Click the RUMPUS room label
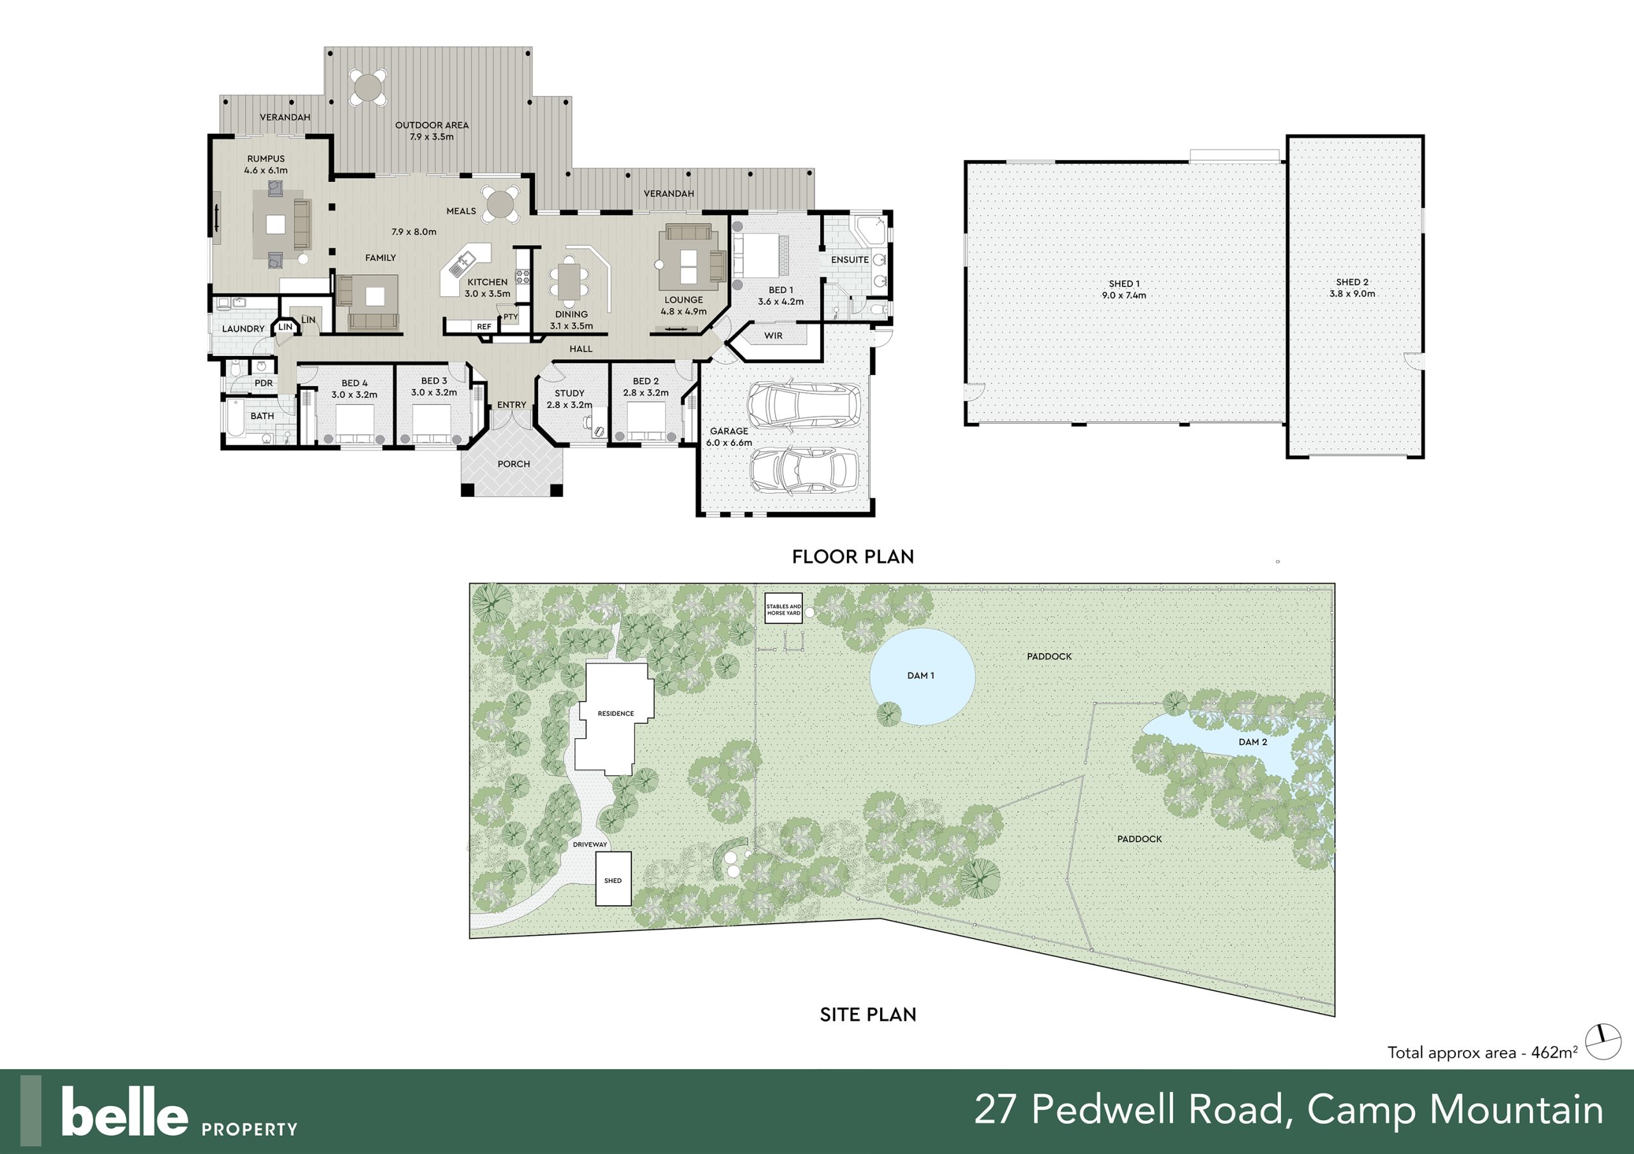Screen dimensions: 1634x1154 (266, 159)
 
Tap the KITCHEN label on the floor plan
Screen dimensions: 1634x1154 (488, 283)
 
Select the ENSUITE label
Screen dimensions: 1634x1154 (850, 260)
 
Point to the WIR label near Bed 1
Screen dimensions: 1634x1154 (774, 336)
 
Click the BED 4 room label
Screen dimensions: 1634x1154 (354, 383)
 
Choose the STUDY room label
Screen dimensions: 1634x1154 (569, 394)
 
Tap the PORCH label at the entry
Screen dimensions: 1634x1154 (514, 464)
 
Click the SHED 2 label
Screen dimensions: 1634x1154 (1352, 283)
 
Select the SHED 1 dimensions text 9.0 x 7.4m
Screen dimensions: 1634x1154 (1125, 295)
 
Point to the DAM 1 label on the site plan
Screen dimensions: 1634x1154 (921, 675)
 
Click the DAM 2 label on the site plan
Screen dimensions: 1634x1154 (1252, 741)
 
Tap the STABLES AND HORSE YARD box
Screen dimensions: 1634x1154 (784, 609)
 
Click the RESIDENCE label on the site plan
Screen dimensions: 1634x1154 (615, 714)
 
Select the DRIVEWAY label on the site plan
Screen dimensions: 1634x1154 (590, 845)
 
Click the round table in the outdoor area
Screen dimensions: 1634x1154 (368, 87)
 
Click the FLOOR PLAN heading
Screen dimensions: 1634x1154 (853, 556)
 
